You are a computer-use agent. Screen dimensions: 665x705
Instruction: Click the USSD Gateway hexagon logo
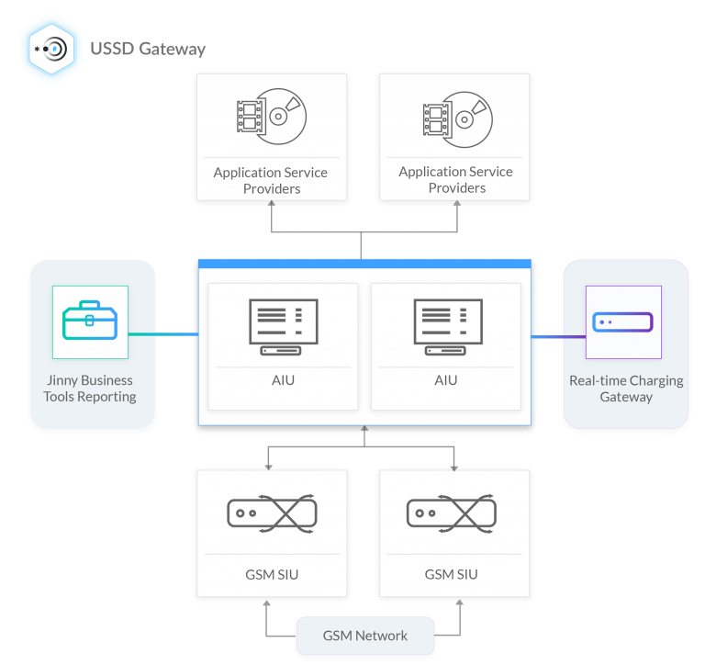coord(49,49)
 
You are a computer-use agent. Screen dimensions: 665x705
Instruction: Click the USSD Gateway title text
coord(148,49)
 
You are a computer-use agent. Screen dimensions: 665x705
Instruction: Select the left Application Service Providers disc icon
coord(271,118)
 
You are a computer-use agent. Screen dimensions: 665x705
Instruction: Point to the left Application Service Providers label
coord(271,180)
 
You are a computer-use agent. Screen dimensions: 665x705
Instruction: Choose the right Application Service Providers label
coord(455,180)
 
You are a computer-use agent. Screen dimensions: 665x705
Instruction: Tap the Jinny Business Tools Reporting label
coord(90,389)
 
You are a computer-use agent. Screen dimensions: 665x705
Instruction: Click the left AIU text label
coord(284,380)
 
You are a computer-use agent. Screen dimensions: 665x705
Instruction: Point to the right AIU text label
coord(447,380)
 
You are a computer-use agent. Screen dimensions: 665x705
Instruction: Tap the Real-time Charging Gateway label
coord(626,389)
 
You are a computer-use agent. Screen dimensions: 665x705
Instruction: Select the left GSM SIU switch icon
coord(272,513)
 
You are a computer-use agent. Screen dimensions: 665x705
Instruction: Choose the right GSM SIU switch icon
coord(452,513)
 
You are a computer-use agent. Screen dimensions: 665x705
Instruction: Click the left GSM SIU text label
coord(272,575)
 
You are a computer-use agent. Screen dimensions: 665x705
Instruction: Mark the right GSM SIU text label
coord(452,575)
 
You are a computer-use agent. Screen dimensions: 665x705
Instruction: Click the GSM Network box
coord(364,635)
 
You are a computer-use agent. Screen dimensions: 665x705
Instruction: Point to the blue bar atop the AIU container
coord(364,264)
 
